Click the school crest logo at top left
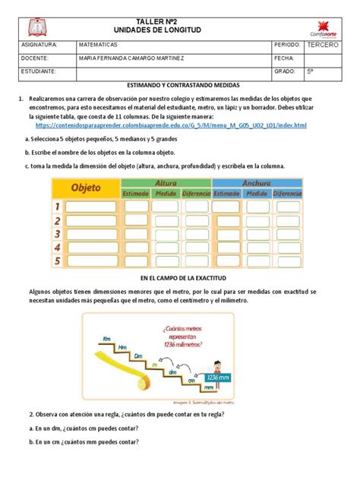tap(38, 27)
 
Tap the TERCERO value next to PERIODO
tap(324, 46)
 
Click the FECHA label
tap(286, 58)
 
